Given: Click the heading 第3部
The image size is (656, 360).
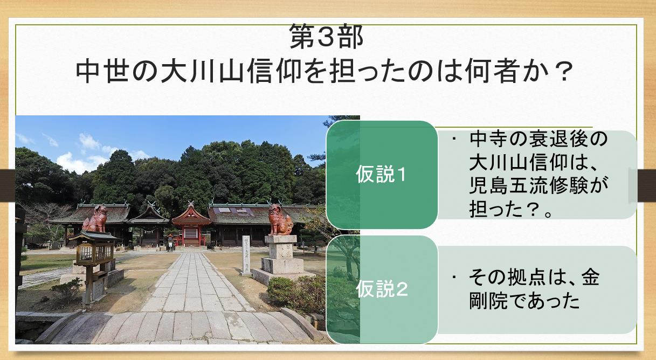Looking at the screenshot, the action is tap(326, 37).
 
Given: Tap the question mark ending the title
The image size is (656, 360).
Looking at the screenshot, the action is tap(564, 72).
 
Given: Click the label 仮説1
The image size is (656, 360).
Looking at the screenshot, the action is tap(381, 175).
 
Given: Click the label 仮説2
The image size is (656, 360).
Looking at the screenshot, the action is tap(382, 289).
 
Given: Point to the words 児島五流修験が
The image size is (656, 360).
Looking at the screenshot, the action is tap(538, 185).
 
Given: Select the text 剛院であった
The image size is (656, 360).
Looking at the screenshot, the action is tap(524, 301).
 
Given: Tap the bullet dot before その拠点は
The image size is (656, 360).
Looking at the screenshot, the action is tap(454, 277).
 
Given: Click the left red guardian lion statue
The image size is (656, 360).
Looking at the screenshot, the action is tap(95, 219).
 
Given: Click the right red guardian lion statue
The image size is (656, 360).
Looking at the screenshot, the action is tap(280, 219).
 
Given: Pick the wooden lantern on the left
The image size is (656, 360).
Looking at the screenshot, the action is tap(93, 264).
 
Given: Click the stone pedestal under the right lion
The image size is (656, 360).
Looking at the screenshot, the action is tap(282, 259).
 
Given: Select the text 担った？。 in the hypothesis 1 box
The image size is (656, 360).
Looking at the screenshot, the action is tap(511, 209).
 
